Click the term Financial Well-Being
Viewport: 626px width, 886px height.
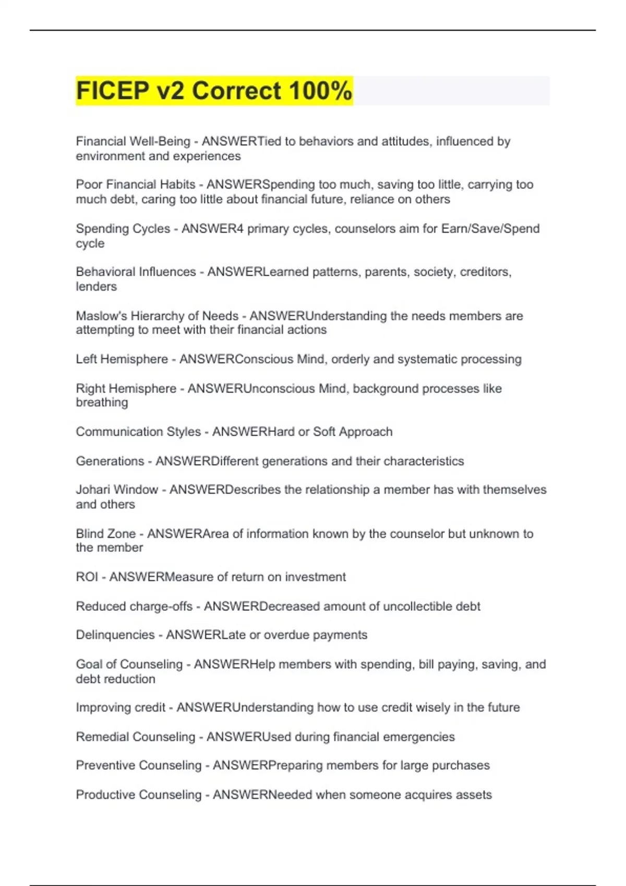tap(133, 141)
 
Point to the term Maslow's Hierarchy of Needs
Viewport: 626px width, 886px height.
tap(157, 316)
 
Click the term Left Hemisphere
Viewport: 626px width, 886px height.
tap(122, 359)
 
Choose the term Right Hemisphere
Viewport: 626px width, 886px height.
tap(126, 388)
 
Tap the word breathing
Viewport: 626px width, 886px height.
tap(102, 402)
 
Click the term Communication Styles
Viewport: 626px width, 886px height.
tap(138, 432)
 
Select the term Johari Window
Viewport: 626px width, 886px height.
tap(117, 489)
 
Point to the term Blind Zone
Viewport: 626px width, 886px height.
tap(105, 534)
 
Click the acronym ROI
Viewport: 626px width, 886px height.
tap(87, 577)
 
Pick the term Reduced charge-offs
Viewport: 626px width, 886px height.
tap(134, 606)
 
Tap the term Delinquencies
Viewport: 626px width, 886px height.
tap(115, 635)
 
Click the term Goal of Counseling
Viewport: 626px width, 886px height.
tap(129, 664)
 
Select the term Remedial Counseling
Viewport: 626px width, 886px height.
tap(135, 736)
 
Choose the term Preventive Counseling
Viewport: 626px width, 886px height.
tap(138, 765)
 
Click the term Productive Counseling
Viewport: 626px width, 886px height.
tap(138, 795)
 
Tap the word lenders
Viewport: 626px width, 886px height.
tap(96, 287)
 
